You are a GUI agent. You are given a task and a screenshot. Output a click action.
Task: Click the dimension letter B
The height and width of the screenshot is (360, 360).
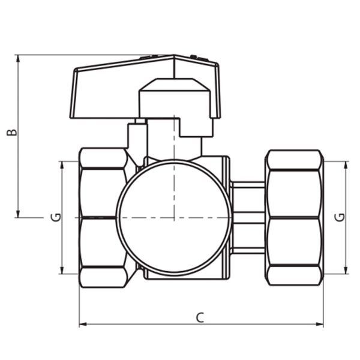[x=12, y=133]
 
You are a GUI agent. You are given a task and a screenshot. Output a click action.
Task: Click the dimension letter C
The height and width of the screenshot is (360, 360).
[x=200, y=318]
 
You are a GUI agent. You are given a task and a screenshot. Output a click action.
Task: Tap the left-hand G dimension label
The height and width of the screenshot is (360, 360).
[x=56, y=217]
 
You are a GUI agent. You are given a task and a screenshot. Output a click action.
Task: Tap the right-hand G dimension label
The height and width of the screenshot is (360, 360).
[x=340, y=217]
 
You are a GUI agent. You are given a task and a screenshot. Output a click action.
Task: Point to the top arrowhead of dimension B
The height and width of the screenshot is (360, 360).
[x=18, y=59]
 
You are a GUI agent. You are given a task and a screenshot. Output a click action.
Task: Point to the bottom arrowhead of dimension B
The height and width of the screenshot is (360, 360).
[x=18, y=214]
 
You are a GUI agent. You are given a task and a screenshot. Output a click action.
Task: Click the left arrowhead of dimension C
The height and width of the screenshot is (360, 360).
[x=83, y=325]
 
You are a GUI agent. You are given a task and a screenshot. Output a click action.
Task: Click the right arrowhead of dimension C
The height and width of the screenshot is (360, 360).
[x=319, y=325]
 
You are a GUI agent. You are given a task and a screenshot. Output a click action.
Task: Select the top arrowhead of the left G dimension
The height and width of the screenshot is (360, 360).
[x=62, y=165]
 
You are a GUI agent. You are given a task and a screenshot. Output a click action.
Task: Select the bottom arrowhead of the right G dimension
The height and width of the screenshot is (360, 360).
[x=346, y=270]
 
